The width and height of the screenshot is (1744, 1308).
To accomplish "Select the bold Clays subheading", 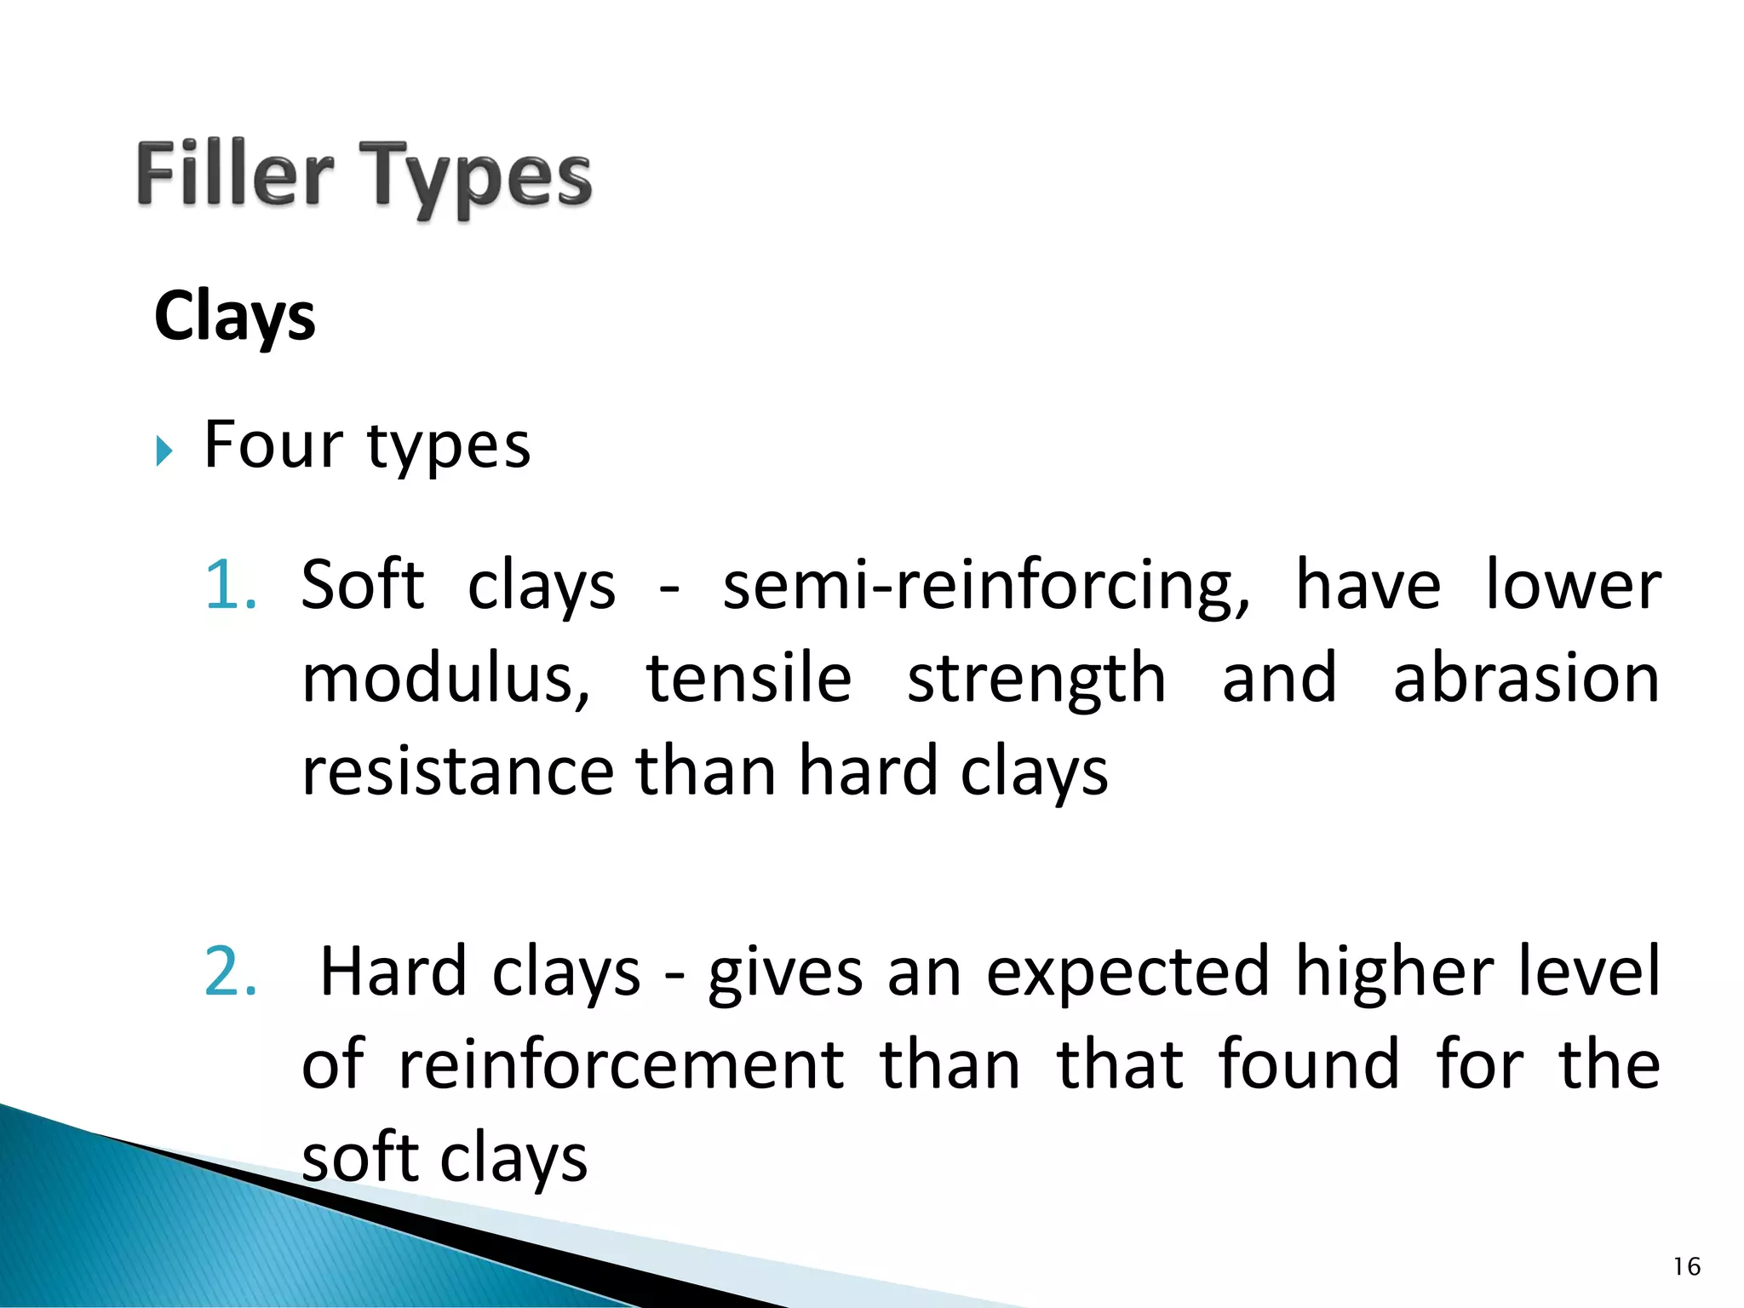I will pos(235,317).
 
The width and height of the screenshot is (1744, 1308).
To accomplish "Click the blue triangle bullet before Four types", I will pos(164,450).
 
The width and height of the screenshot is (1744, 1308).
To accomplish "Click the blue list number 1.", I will pos(230,585).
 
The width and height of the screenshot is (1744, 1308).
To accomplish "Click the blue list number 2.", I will pos(230,972).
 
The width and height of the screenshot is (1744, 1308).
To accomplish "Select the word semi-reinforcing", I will pos(986,587).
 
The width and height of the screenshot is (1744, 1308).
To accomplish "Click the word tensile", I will pos(749,679).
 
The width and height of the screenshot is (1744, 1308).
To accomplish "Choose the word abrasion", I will pos(1526,679).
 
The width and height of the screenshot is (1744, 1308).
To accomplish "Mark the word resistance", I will pos(457,772).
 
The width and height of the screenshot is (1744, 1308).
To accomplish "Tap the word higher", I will pos(1394,972).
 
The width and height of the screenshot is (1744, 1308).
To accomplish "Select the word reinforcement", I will pos(622,1065).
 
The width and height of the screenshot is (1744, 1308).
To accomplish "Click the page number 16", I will pos(1686,1267).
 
